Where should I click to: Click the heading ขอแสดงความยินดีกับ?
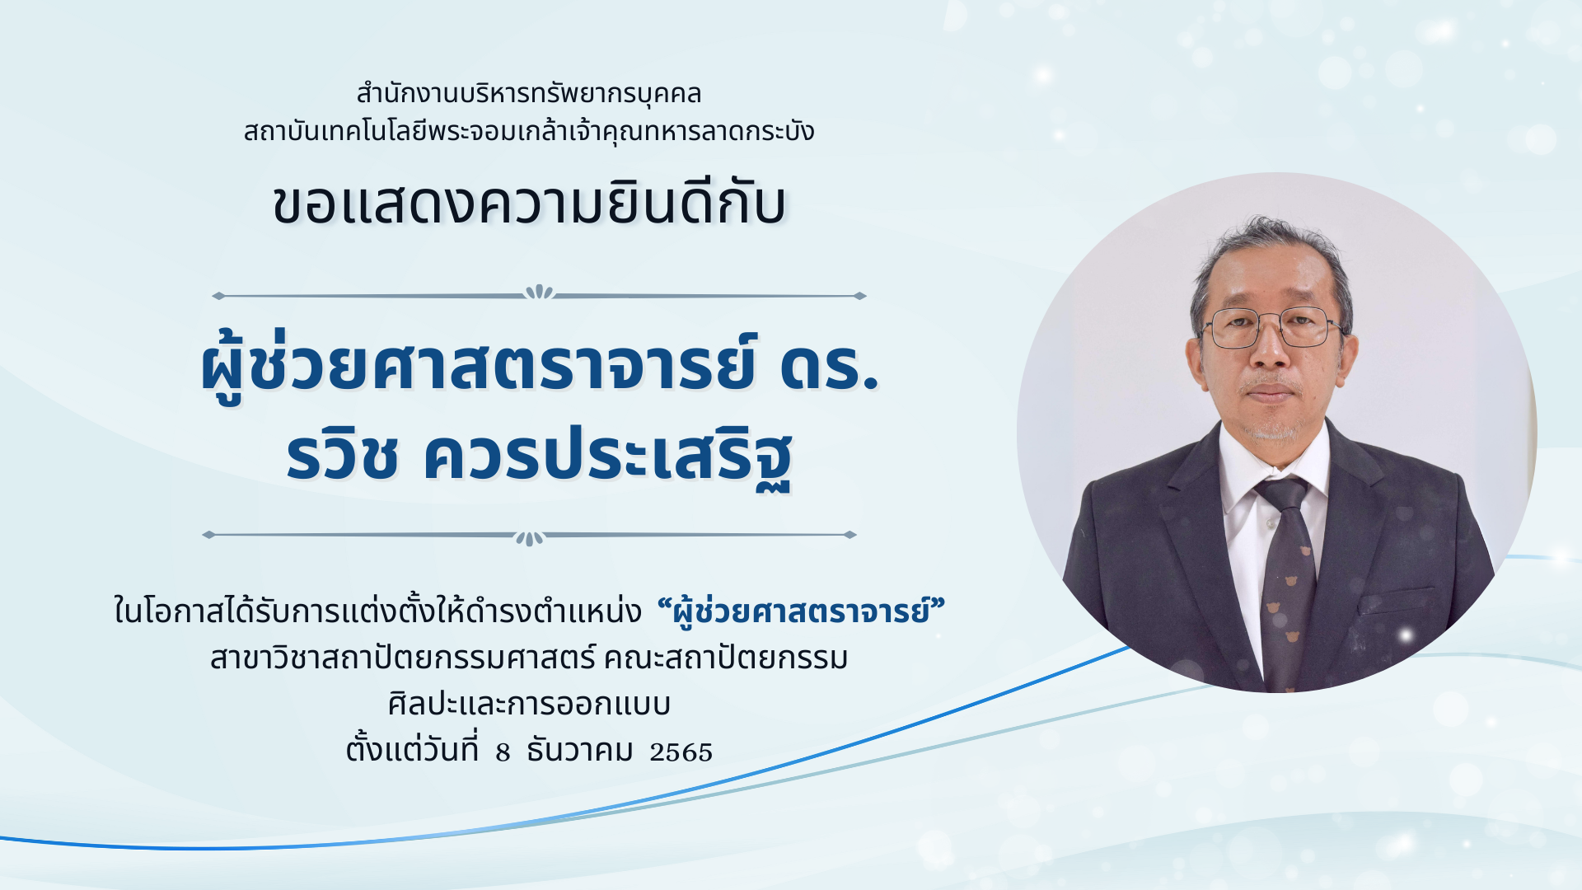pyautogui.click(x=530, y=203)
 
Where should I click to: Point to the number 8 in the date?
pyautogui.click(x=503, y=752)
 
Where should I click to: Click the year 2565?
pyautogui.click(x=681, y=752)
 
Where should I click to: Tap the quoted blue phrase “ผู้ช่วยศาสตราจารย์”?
pyautogui.click(x=801, y=611)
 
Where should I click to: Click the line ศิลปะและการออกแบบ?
pyautogui.click(x=529, y=705)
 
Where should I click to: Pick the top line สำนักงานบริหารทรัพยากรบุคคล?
pyautogui.click(x=529, y=93)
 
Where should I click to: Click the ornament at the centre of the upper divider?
pyautogui.click(x=539, y=293)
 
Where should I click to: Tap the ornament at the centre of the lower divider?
pyautogui.click(x=529, y=538)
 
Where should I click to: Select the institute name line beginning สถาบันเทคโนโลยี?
pyautogui.click(x=529, y=131)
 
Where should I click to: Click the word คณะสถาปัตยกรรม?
pyautogui.click(x=726, y=658)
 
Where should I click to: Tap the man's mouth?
pyautogui.click(x=1270, y=392)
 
